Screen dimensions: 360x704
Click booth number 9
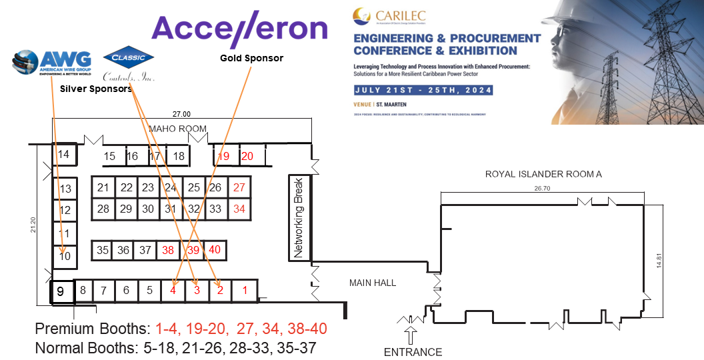coord(61,291)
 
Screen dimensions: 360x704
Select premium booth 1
coord(245,290)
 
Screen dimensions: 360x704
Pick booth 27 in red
coord(239,187)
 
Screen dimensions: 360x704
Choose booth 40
coord(215,250)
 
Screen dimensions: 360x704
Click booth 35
coord(103,250)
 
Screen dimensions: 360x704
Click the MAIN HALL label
coord(373,283)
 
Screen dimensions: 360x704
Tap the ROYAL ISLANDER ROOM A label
coord(543,174)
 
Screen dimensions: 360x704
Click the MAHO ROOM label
coord(177,129)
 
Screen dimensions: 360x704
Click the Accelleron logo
coord(239,29)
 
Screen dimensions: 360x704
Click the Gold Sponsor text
coord(251,59)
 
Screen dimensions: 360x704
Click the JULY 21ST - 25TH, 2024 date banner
coord(424,90)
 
